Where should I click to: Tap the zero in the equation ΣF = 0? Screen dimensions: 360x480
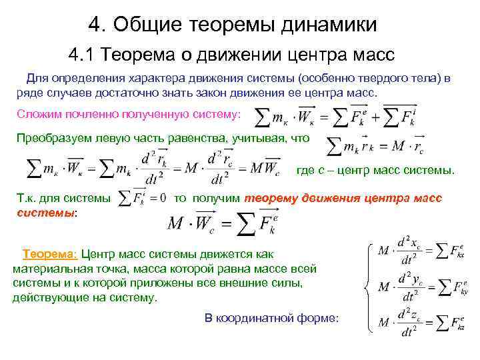(162, 199)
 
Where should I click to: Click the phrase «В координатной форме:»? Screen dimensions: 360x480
(271, 318)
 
